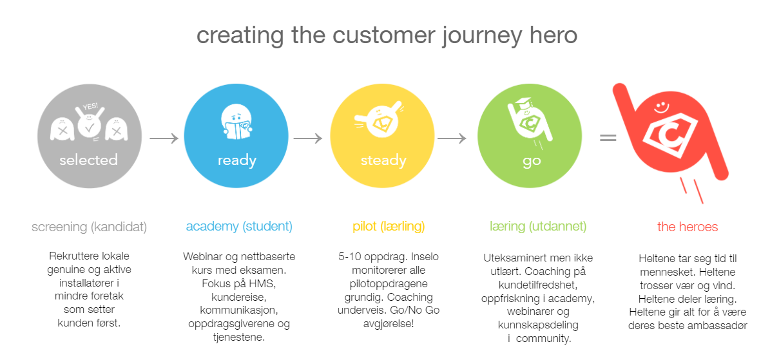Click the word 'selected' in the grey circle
tap(88, 160)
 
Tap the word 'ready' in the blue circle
tap(236, 160)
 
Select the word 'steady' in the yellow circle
tap(383, 160)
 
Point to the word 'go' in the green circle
tap(531, 160)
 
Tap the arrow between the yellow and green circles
tap(456, 138)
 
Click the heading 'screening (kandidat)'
tap(89, 227)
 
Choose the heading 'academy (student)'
tap(239, 227)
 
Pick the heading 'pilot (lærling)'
tap(389, 227)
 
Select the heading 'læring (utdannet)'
tap(538, 227)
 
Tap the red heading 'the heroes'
tap(688, 227)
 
